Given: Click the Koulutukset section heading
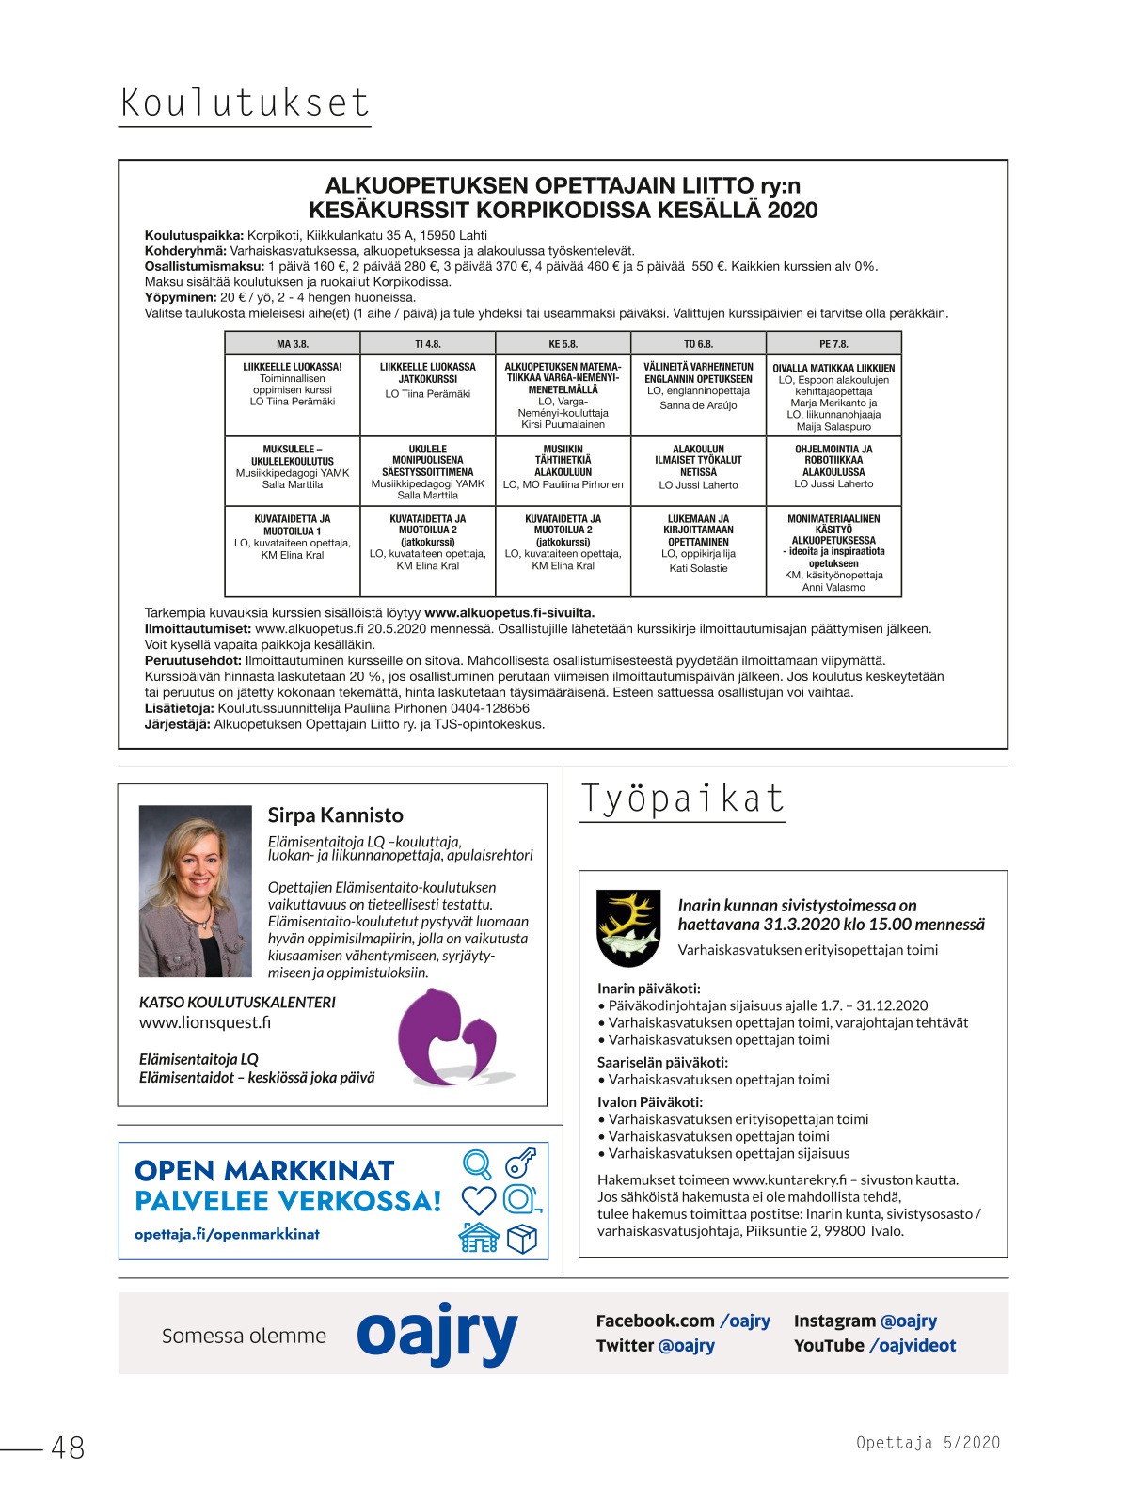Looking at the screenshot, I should (245, 103).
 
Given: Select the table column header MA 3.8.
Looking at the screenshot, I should (293, 344).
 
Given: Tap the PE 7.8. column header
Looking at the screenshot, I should (833, 344).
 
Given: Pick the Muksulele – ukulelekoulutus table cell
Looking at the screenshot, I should (293, 467).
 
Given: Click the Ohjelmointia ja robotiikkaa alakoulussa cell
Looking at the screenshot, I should (833, 467).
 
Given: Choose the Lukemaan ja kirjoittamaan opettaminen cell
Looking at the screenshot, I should (698, 543).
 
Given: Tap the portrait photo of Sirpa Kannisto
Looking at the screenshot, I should (196, 891).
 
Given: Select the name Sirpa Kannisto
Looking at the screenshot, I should (335, 815).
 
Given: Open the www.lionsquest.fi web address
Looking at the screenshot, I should (205, 1022).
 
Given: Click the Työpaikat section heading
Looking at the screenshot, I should (682, 799).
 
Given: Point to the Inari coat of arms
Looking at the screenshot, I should (628, 927).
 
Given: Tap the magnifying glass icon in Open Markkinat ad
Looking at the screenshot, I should (478, 1164).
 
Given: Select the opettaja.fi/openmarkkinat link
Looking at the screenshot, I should (227, 1234).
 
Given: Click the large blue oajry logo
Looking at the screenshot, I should (437, 1334).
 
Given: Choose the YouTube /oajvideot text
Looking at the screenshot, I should (874, 1346).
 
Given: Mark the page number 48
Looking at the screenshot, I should (68, 1448).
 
